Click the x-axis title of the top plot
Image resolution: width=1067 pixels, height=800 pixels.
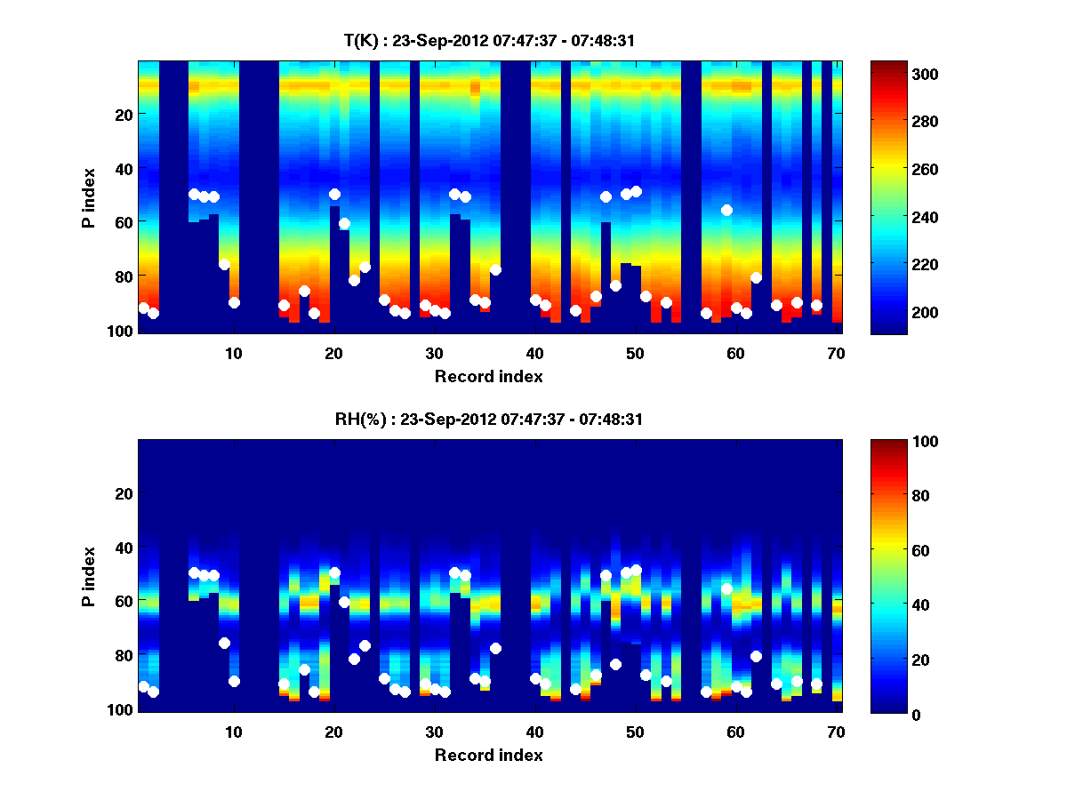(x=489, y=376)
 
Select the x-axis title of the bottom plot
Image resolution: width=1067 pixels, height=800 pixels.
(x=489, y=755)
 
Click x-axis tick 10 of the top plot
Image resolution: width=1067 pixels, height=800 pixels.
(x=233, y=353)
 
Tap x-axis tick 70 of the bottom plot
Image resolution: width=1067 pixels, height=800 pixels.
(x=836, y=732)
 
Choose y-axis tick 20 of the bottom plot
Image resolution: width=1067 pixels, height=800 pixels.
(x=124, y=493)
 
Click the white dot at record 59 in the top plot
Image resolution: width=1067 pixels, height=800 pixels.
(x=726, y=210)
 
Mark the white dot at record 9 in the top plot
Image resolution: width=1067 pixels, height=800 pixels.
(x=224, y=264)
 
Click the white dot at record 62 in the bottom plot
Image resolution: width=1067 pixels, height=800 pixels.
(x=756, y=656)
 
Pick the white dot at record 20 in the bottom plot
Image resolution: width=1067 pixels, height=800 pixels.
(x=334, y=572)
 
